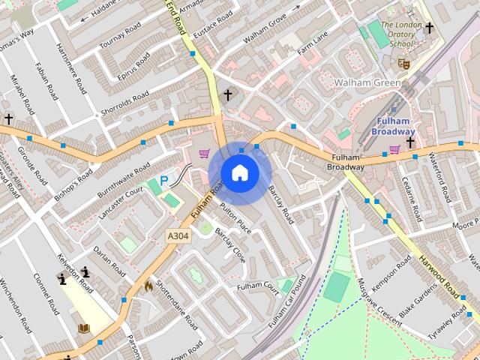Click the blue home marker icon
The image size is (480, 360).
(239, 173)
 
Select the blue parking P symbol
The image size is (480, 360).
(164, 180)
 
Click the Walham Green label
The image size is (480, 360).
(363, 82)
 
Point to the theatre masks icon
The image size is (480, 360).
(403, 64)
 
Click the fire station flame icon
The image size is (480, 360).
(148, 286)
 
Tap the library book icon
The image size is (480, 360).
(84, 328)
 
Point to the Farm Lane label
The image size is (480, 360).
(313, 45)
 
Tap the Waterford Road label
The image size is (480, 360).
(439, 177)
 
